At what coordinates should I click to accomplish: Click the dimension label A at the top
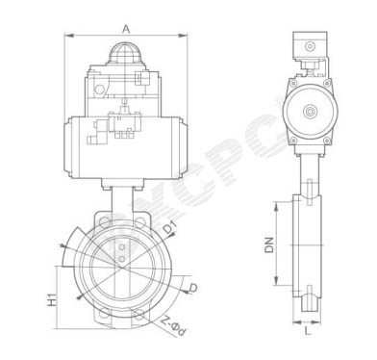(x=126, y=29)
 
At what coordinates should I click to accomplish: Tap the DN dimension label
(x=270, y=244)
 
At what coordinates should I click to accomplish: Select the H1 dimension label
(x=52, y=299)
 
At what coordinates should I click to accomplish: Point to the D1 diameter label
(x=170, y=228)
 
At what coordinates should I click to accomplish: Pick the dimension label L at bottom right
(x=308, y=331)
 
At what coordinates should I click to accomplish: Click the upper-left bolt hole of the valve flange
(x=105, y=221)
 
